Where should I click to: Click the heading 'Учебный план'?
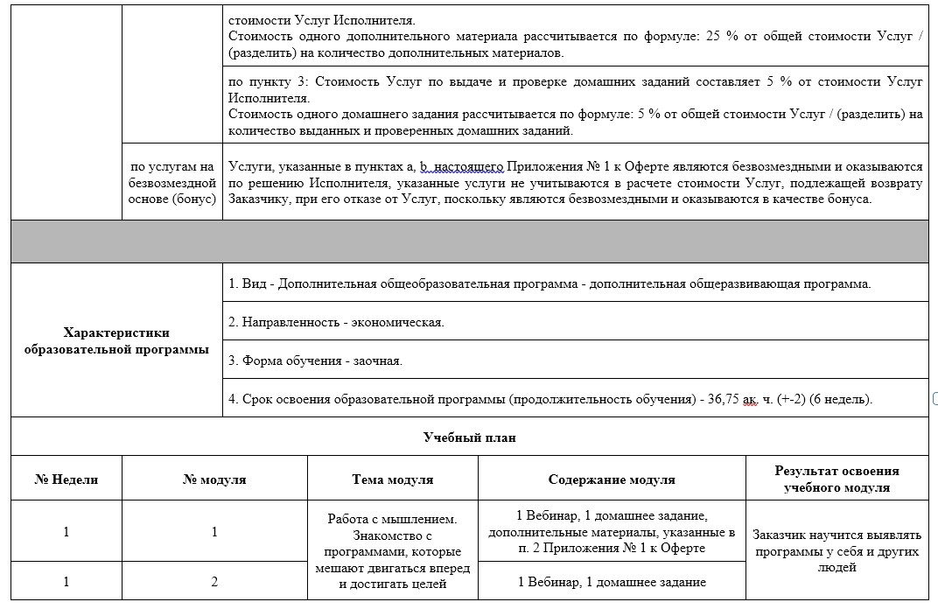pos(469,437)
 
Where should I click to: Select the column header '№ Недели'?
pos(66,479)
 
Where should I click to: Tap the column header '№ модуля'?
pos(214,479)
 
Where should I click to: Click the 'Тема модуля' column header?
pos(393,479)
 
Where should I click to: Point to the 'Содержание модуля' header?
pos(612,479)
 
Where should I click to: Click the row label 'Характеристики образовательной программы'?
pos(116,340)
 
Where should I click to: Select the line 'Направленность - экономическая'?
pos(336,322)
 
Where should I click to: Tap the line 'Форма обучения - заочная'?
pos(315,360)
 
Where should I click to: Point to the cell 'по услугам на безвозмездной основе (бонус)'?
pos(171,183)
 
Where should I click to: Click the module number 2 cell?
pos(214,581)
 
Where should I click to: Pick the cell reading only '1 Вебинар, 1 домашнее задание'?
pos(612,581)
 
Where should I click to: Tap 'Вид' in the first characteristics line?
pos(254,283)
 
